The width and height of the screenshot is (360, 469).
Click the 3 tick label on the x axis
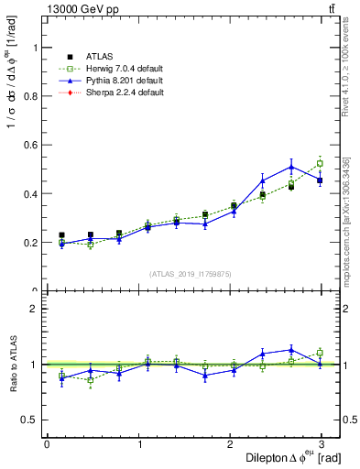322,443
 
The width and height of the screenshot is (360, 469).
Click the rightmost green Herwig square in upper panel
320,164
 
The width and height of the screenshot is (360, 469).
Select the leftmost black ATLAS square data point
61,235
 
